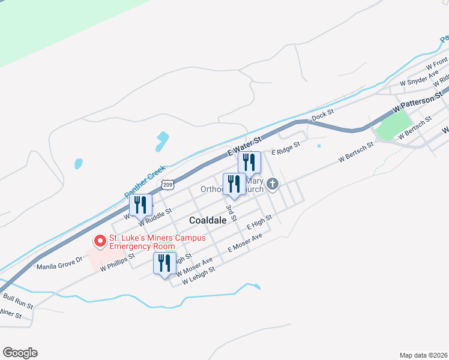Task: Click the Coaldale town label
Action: point(208,220)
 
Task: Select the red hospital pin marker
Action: point(100,241)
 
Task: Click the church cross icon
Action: point(273,184)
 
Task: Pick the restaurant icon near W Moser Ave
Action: point(164,263)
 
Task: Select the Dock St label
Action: point(322,113)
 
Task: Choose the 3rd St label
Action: point(230,211)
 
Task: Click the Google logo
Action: point(20,353)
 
